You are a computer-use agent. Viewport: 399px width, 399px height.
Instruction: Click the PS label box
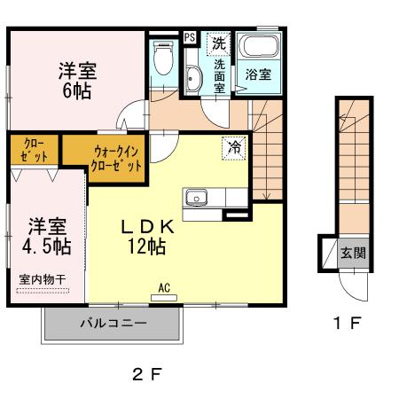click(x=190, y=37)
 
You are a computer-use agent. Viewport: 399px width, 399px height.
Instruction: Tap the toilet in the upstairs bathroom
click(x=163, y=60)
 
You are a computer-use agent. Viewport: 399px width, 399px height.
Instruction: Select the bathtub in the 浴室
click(x=258, y=51)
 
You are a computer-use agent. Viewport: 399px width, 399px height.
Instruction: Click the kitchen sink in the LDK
click(x=195, y=196)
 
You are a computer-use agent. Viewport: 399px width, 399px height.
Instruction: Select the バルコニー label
click(x=115, y=324)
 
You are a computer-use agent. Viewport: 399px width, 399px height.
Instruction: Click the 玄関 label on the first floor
click(x=354, y=253)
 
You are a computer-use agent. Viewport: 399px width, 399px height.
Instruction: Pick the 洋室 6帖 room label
click(x=77, y=80)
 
